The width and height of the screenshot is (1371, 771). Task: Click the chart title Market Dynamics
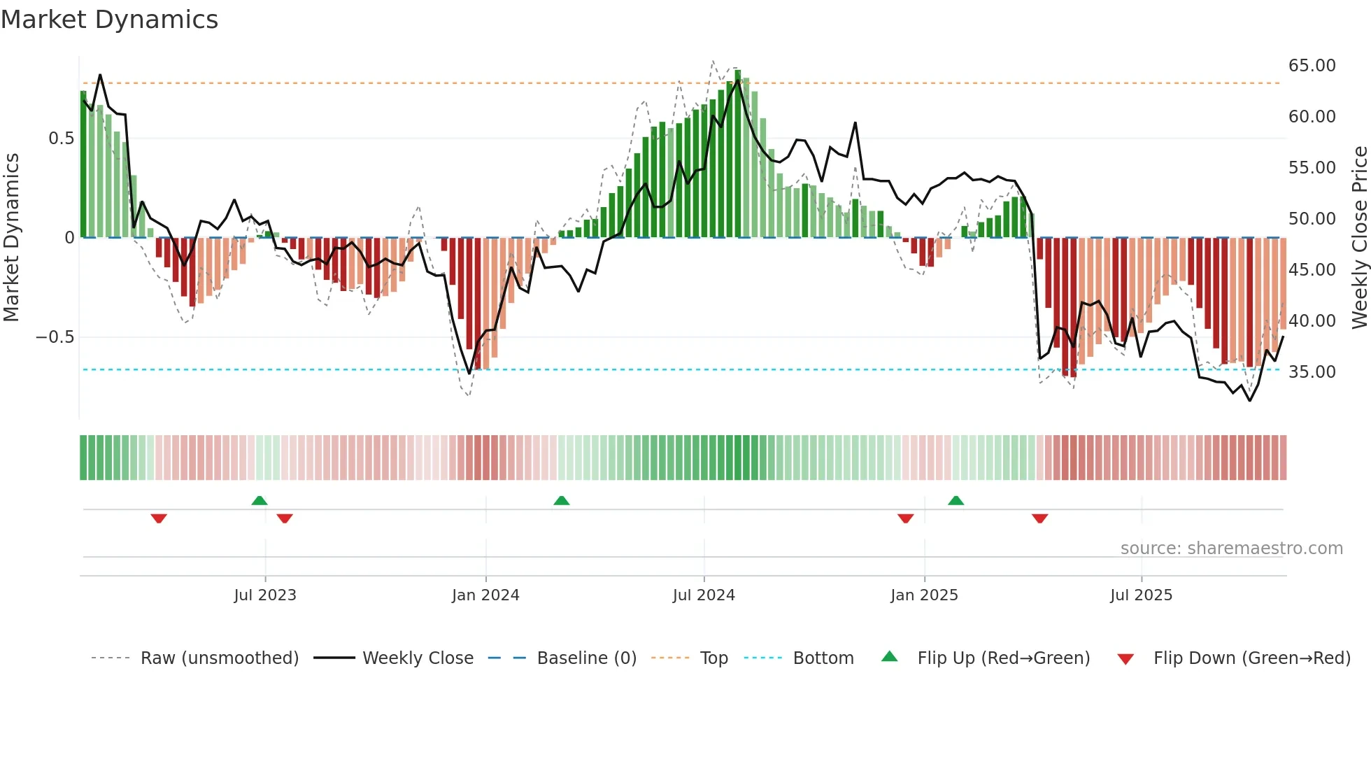click(109, 20)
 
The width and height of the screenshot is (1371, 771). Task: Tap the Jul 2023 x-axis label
click(265, 595)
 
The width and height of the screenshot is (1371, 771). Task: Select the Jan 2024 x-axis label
click(485, 595)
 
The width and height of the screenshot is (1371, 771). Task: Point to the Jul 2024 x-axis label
click(704, 595)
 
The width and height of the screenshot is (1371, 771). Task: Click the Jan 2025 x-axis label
click(924, 595)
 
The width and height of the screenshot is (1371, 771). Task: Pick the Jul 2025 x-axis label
click(1141, 595)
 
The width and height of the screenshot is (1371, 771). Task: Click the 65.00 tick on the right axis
click(1312, 66)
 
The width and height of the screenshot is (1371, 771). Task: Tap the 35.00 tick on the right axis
click(1312, 372)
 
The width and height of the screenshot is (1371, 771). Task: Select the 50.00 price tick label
click(1312, 219)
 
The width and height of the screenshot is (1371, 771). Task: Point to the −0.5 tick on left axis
click(55, 337)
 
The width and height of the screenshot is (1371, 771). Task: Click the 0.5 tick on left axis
click(61, 139)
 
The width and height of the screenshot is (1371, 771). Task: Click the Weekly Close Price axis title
click(1359, 238)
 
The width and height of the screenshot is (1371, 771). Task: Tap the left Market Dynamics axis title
click(11, 238)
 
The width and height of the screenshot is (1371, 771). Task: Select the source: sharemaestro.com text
click(1231, 549)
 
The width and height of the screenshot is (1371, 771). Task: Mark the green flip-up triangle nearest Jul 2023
click(260, 500)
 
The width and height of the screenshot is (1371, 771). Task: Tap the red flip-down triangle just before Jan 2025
click(906, 518)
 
